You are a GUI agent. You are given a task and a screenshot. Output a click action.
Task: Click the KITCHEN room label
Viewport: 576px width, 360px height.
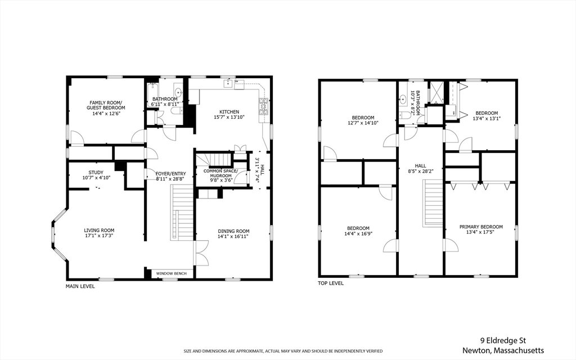pos(229,112)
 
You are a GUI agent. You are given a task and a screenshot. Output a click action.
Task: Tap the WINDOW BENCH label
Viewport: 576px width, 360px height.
pos(171,273)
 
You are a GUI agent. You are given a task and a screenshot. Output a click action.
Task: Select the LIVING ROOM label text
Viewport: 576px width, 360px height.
pos(99,230)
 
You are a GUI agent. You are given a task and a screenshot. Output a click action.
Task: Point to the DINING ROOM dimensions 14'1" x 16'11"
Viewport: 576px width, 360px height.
pos(233,236)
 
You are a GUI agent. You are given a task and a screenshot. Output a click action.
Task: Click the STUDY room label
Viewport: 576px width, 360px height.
pos(96,172)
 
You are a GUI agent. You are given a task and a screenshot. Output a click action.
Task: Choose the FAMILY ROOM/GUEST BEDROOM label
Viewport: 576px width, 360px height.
pos(106,105)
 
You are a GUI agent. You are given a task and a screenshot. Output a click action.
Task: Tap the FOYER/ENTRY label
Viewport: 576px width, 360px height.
pos(171,174)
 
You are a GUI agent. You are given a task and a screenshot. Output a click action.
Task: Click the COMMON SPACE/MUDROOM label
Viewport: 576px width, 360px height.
pos(220,173)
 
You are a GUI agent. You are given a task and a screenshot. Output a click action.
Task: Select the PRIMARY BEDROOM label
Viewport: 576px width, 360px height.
pos(481,227)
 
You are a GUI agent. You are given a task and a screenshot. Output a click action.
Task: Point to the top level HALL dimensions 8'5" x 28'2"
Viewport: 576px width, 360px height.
pos(420,171)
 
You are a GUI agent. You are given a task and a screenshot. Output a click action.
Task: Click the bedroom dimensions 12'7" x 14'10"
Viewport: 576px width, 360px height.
pos(363,123)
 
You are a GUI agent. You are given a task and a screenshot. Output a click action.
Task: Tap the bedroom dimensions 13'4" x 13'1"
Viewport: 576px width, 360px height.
pos(487,118)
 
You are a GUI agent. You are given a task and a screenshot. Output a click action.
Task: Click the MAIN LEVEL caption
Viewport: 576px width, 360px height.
pos(80,286)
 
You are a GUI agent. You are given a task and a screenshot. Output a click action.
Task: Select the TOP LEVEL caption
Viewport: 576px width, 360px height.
pos(331,283)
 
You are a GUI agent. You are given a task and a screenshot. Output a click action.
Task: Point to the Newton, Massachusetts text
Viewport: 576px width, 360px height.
pos(503,350)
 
